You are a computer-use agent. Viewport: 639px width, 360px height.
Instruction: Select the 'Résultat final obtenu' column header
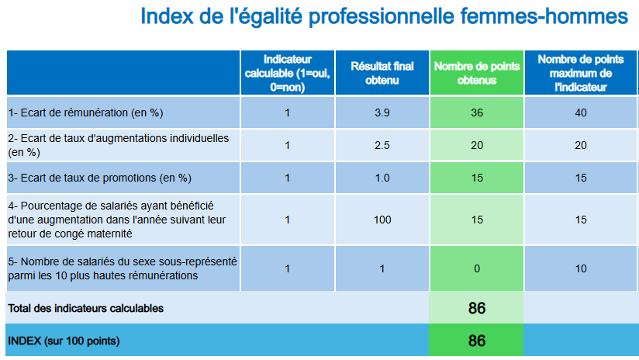[x=382, y=73]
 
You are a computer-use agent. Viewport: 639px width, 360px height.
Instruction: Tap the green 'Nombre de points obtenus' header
[x=476, y=73]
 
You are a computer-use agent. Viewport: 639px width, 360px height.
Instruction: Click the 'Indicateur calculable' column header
[x=287, y=73]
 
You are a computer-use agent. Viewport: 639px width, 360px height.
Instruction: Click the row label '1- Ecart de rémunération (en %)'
[x=85, y=112]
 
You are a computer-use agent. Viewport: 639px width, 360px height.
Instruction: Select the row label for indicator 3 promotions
[x=99, y=178]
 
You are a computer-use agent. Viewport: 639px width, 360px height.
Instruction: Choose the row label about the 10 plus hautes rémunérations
[x=122, y=268]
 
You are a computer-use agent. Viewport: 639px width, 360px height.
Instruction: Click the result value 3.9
[x=382, y=112]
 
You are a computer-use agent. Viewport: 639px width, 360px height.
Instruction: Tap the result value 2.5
[x=382, y=145]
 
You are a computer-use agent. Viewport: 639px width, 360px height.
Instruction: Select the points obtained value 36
[x=476, y=112]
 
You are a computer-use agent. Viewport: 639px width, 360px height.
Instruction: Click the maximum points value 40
[x=581, y=112]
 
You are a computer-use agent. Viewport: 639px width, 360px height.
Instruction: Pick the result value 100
[x=382, y=220]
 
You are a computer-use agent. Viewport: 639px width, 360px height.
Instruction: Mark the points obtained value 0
[x=476, y=268]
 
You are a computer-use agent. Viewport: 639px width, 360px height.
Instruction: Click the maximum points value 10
[x=581, y=268]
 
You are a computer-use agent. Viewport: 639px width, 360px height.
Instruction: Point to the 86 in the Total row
[x=476, y=308]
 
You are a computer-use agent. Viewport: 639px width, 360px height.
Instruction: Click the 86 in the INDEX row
[x=476, y=341]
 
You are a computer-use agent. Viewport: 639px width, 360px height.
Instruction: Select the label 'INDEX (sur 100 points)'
[x=64, y=341]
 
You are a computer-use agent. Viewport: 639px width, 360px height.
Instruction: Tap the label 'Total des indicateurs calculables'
[x=85, y=308]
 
